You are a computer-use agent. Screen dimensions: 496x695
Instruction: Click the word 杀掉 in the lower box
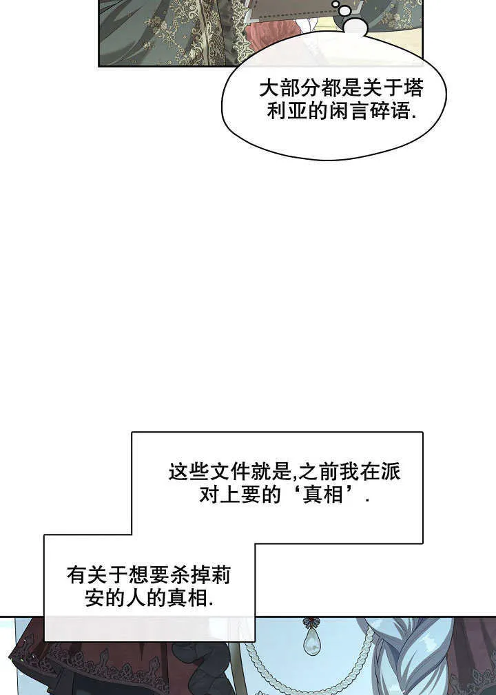(x=189, y=575)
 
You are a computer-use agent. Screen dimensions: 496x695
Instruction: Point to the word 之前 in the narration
(x=319, y=472)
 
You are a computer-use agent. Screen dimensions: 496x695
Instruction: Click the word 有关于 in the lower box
(x=97, y=575)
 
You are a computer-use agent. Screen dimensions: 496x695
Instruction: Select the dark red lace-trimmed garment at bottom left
(x=89, y=656)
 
